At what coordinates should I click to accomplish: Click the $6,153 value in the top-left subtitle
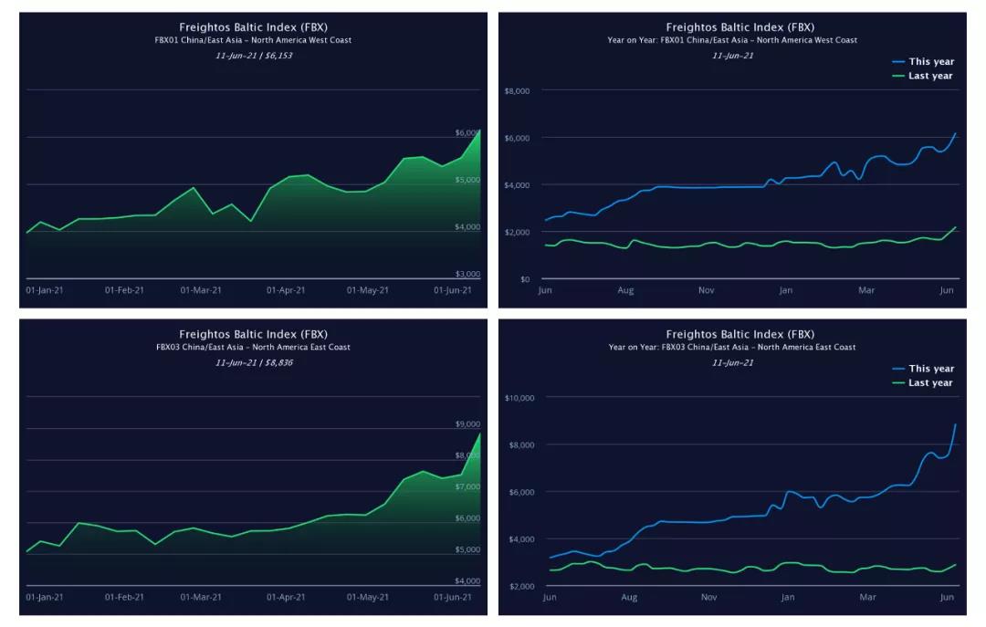[x=278, y=56]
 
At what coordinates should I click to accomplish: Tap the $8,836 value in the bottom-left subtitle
[x=278, y=362]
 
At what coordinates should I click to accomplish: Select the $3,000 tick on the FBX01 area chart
[x=467, y=274]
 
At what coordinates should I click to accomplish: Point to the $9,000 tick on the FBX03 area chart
[x=467, y=424]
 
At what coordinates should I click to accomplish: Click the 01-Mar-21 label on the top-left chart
[x=201, y=290]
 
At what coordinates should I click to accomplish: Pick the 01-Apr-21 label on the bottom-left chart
[x=286, y=597]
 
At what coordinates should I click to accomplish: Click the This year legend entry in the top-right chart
[x=930, y=61]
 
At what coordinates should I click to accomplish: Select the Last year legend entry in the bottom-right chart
[x=930, y=382]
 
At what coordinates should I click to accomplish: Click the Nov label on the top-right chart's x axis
[x=707, y=290]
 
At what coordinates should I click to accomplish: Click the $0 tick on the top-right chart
[x=524, y=279]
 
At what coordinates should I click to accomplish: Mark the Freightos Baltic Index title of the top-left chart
[x=253, y=27]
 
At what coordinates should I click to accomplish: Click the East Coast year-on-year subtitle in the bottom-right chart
[x=732, y=347]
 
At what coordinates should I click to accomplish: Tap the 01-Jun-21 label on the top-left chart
[x=453, y=290]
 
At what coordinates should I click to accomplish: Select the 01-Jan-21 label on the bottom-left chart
[x=46, y=597]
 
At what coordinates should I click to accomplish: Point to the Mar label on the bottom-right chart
[x=866, y=597]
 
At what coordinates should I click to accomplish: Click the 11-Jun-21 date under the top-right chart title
[x=733, y=56]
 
